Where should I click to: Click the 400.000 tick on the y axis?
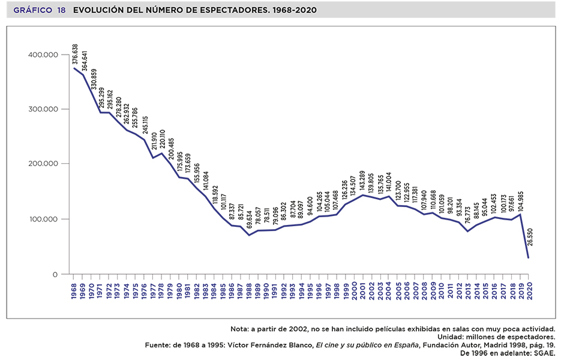click(x=42, y=55)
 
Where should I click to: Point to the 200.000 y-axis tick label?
click(x=42, y=164)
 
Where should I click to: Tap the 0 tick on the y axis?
click(x=54, y=274)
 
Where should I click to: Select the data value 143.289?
click(x=363, y=180)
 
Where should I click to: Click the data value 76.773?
click(x=468, y=217)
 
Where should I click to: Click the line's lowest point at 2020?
click(x=528, y=258)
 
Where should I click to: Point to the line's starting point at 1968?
click(x=74, y=68)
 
